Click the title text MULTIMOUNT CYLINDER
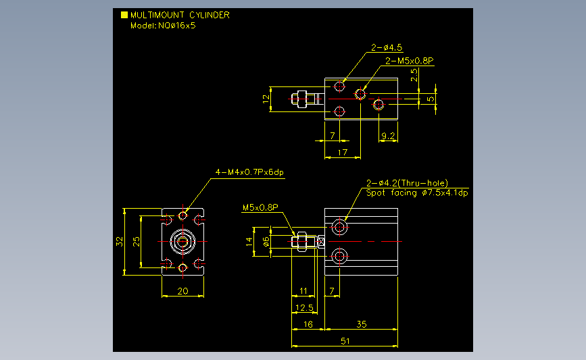pos(180,15)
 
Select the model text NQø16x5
pos(177,26)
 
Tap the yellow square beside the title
pos(124,15)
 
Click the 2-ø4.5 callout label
pos(387,47)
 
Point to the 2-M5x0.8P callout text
pos(409,61)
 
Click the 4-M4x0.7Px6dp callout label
pos(249,172)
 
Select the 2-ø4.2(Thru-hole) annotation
pos(407,183)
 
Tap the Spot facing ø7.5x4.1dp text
pos(417,192)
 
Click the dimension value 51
pos(345,341)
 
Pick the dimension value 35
pos(362,324)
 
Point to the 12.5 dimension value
pos(304,308)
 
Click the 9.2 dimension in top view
pos(388,136)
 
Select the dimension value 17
pos(342,153)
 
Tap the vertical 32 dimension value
pos(119,242)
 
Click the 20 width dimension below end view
pos(182,291)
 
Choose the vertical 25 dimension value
pos(137,242)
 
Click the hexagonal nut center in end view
pos(182,242)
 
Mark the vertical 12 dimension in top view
pos(266,99)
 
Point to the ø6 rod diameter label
pos(266,242)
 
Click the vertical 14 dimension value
pos(249,242)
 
